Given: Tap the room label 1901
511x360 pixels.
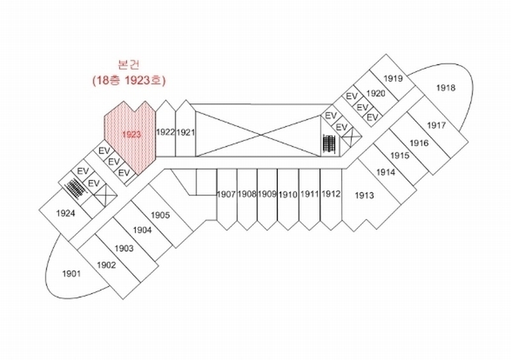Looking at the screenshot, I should point(71,274).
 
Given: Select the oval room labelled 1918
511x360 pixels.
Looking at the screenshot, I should point(445,87).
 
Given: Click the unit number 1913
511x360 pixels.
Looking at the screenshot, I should point(364,195).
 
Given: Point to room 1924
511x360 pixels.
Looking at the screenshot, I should point(66,213).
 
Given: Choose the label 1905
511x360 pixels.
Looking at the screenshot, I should point(160,215).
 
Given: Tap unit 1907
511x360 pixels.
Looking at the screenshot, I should point(227,194).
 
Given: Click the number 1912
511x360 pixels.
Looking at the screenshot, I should point(331,194).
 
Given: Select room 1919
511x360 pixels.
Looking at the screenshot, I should point(393,79).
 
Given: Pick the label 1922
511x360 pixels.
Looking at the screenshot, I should point(165,132).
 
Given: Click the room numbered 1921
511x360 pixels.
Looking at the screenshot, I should point(185,132).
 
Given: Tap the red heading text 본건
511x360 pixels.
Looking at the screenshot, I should point(129,65).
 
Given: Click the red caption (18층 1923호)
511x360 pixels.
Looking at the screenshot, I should point(129,81).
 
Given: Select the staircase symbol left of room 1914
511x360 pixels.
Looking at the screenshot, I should point(329,144).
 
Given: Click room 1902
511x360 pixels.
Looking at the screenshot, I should point(106,265).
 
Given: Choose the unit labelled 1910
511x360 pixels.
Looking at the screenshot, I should point(288,194).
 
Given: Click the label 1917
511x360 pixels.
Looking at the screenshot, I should point(436,124).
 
